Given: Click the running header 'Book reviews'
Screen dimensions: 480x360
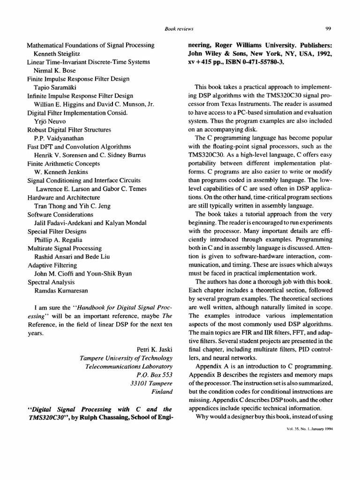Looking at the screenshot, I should (x=180, y=29).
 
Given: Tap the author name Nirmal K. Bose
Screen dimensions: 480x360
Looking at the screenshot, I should (x=54, y=70).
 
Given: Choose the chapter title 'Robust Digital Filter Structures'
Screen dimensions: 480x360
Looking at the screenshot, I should (x=69, y=129).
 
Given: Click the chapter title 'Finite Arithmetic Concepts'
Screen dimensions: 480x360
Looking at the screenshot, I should (x=63, y=163).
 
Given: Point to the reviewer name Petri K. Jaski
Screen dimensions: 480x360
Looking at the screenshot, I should (x=155, y=349).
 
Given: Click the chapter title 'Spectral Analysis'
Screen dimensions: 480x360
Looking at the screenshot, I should (x=51, y=282).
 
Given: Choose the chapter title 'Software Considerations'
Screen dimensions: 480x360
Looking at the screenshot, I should (x=61, y=214).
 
